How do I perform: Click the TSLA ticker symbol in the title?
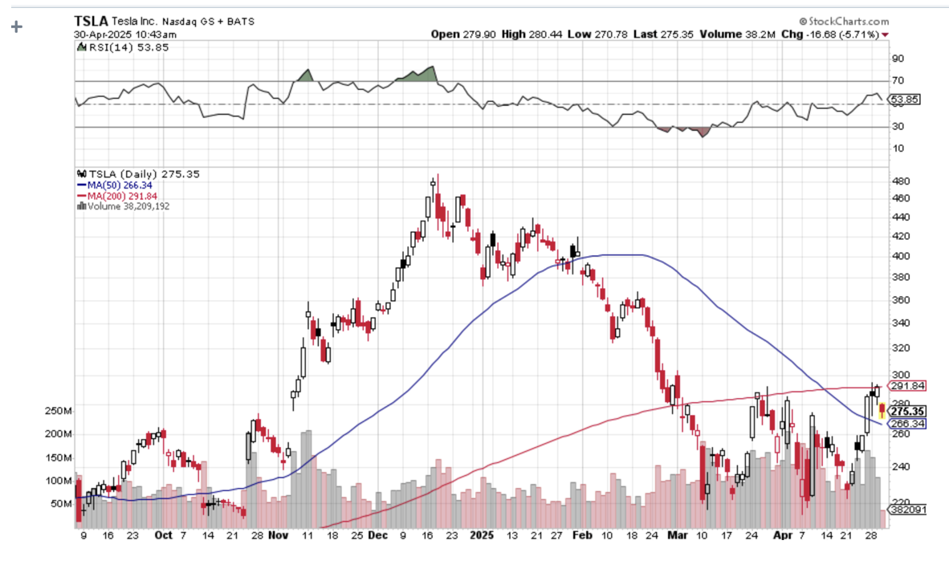tap(90, 21)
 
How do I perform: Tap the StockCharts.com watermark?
tap(844, 21)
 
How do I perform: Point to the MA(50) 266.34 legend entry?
tap(108, 185)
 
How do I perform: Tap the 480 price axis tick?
tap(900, 181)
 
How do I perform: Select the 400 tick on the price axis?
tap(900, 256)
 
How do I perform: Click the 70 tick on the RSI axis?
tap(896, 81)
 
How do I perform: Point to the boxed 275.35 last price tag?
tap(906, 411)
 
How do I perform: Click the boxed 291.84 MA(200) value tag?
tap(907, 385)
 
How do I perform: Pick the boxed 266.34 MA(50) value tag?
tap(907, 424)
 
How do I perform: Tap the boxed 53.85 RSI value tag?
tap(906, 100)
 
